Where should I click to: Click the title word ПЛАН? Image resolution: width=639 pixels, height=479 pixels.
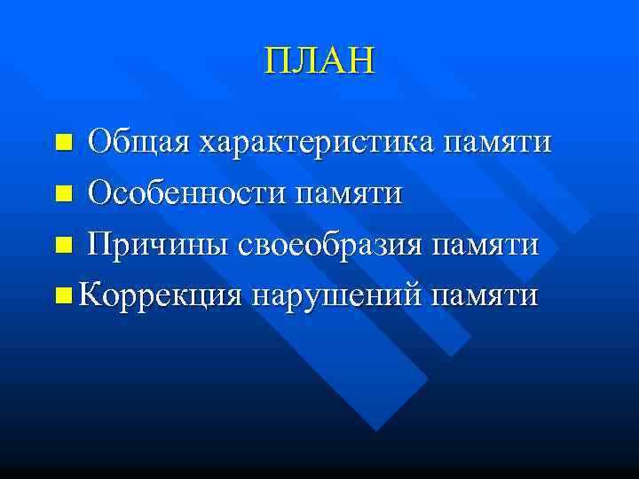coord(319,61)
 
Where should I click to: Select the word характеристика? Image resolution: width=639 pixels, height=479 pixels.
coord(319,142)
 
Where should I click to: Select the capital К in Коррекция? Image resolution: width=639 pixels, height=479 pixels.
coord(89,293)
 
